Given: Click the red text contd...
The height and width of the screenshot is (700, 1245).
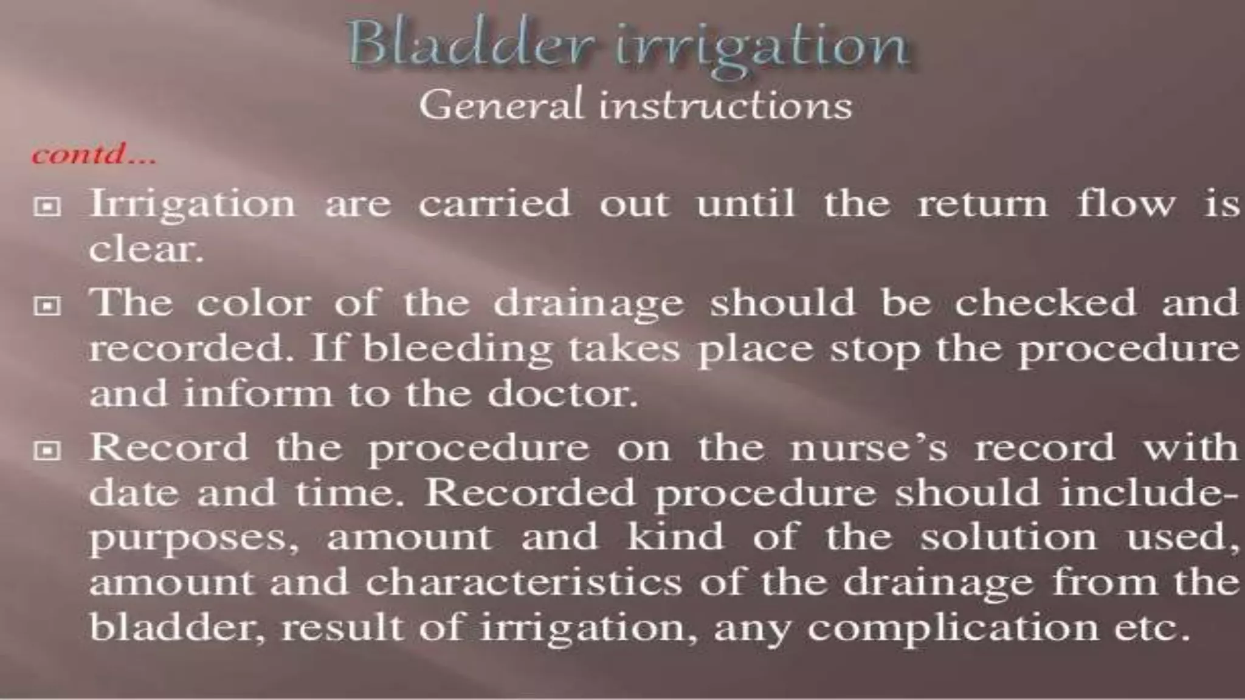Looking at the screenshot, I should tap(94, 155).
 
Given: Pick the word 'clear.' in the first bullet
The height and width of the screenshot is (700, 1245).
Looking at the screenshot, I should tap(146, 249).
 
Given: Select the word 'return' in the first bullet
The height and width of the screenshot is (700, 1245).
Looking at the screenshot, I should tap(982, 204).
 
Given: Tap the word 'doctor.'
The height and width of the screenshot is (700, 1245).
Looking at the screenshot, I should tap(563, 394).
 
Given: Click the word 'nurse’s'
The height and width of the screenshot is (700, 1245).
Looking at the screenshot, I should tap(869, 448).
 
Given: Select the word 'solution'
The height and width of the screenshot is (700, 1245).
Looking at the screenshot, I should tap(1009, 537).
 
